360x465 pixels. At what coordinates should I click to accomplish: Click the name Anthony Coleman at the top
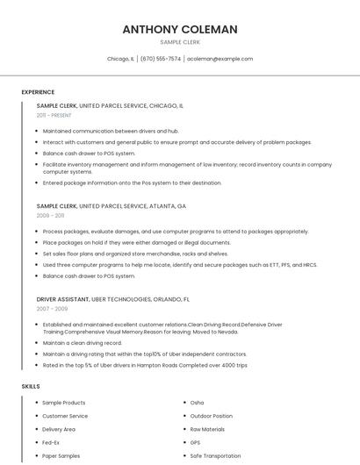pos(180,29)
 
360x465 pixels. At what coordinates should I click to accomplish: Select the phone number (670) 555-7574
pos(160,59)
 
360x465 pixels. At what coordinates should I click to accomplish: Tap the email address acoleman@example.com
pos(220,59)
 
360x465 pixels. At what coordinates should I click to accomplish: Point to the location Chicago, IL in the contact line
pos(120,59)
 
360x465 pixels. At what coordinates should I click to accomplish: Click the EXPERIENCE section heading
pos(38,92)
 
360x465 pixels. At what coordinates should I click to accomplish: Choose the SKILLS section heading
pos(31,386)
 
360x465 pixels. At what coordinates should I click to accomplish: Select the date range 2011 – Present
pos(54,115)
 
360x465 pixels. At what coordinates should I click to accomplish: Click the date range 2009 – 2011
pos(50,215)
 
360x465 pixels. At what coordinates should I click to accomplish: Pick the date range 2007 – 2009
pos(52,309)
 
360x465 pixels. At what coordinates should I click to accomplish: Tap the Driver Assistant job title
pos(62,299)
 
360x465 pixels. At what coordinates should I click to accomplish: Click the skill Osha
pos(197,403)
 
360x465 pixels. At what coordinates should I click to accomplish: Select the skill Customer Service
pos(65,416)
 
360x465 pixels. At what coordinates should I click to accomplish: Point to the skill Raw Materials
pos(208,429)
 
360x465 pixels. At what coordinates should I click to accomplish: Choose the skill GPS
pos(196,442)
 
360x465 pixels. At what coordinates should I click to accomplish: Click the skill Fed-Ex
pos(52,442)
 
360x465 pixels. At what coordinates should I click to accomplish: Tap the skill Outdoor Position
pos(212,416)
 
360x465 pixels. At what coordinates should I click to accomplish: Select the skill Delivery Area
pos(59,429)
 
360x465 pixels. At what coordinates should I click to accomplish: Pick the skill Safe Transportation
pos(215,455)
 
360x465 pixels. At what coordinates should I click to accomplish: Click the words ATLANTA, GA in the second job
pos(169,205)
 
